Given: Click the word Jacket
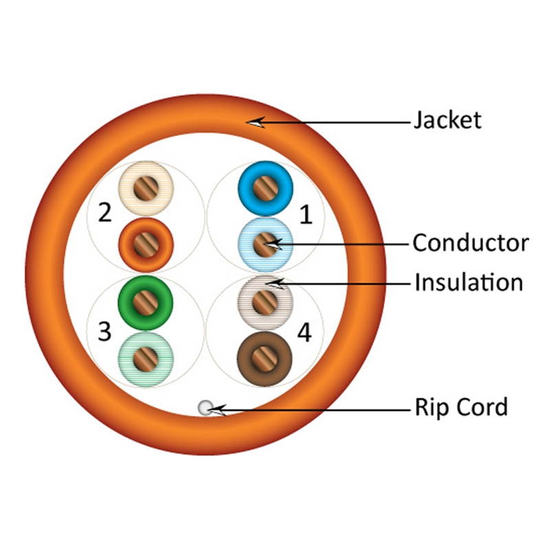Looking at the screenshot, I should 447,120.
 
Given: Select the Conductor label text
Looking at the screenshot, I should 470,243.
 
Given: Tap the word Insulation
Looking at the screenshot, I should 467,283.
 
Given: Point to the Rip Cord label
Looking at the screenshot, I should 460,406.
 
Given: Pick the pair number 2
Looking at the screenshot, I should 104,212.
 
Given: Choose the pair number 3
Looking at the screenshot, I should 104,332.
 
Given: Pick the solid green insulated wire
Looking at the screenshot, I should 145,301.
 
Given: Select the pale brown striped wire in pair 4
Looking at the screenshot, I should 265,301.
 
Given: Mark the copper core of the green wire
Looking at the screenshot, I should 145,301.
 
